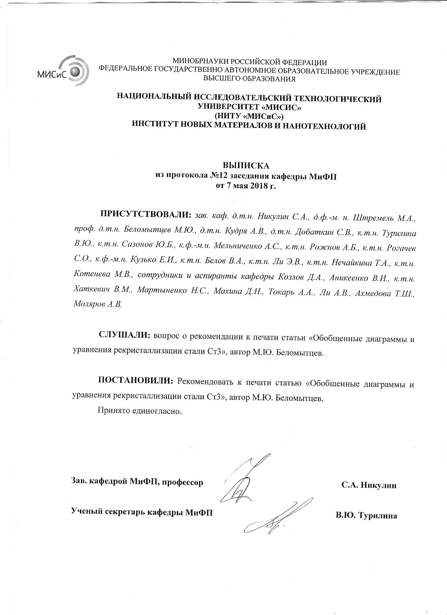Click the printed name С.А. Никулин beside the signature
369,485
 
